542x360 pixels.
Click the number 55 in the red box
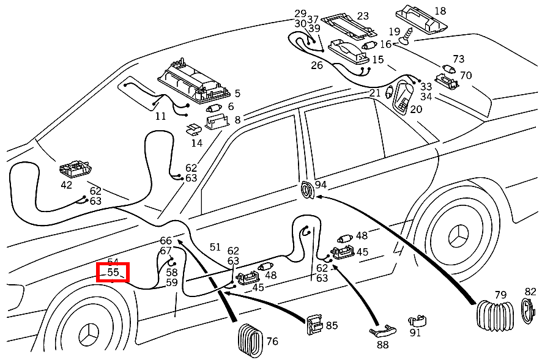(113, 272)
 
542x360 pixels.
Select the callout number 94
(321, 185)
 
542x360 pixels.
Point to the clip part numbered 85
(314, 323)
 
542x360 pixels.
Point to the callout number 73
(459, 59)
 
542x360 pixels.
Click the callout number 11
(161, 116)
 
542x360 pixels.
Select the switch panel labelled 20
(403, 98)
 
